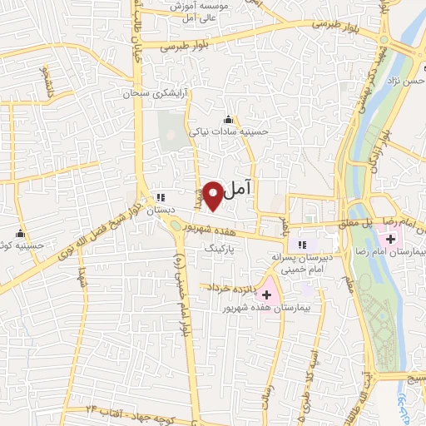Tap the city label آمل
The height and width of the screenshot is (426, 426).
point(237,191)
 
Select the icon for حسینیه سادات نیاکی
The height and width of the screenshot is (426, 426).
point(229,119)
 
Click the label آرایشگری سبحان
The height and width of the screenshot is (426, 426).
point(151,94)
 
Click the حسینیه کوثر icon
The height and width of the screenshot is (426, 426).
point(19,234)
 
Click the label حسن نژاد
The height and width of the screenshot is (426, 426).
point(406,82)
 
